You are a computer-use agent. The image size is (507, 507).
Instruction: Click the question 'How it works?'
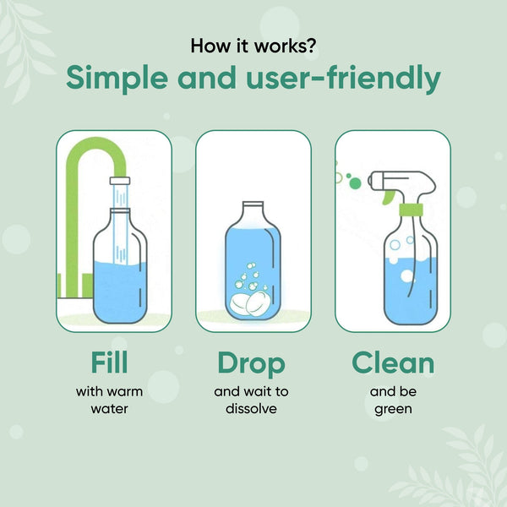[x=253, y=45]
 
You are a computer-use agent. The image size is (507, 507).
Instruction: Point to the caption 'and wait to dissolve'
[x=252, y=400]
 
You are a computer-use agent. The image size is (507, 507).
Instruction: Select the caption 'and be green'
[x=392, y=400]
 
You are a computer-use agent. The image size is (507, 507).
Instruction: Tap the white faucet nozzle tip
[x=119, y=181]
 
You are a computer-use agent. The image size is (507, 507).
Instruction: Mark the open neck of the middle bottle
[x=253, y=207]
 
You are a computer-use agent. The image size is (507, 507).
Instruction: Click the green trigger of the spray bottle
[x=388, y=196]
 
